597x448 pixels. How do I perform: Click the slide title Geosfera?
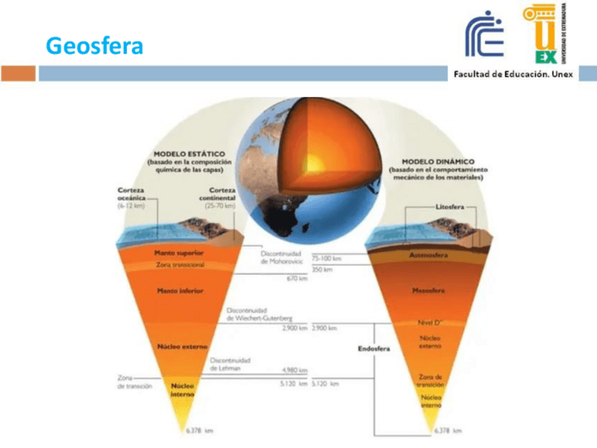pos(94,46)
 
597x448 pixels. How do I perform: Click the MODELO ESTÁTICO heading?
pos(189,153)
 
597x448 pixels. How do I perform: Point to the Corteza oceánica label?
pos(131,197)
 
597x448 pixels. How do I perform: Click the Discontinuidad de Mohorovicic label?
pos(281,256)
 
